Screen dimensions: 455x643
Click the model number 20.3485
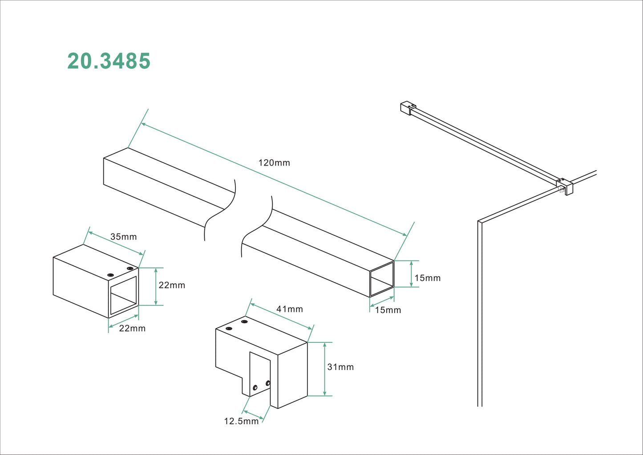click(109, 61)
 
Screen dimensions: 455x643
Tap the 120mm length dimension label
click(274, 163)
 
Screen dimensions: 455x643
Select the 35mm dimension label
click(123, 237)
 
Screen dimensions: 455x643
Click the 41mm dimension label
click(289, 309)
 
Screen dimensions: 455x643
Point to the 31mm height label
click(340, 367)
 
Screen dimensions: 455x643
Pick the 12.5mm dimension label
click(241, 421)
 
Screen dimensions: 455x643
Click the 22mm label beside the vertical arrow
click(172, 285)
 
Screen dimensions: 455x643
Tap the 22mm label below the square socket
click(132, 329)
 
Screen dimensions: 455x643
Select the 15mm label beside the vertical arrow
click(427, 278)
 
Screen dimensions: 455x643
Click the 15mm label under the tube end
click(388, 310)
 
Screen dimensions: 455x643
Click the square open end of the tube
click(382, 279)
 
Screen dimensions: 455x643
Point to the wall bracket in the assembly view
click(408, 108)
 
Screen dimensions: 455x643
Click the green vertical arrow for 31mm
click(325, 369)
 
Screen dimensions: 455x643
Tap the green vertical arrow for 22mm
click(156, 287)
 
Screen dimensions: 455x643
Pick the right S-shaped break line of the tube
click(257, 227)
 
